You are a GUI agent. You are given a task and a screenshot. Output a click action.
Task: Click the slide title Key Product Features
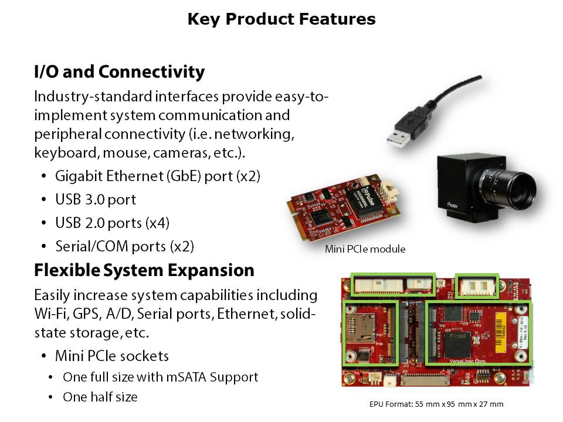coord(281,19)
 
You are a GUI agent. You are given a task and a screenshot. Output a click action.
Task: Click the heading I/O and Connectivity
coord(120,72)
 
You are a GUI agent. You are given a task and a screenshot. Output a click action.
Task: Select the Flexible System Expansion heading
coord(144,270)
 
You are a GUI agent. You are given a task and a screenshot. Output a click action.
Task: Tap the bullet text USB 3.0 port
coord(96,199)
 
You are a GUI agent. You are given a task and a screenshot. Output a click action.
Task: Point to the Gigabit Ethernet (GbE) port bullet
coord(157,176)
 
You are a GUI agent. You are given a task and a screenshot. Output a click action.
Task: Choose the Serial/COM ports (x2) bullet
coord(124,246)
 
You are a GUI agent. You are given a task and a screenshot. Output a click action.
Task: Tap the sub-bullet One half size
coord(100,397)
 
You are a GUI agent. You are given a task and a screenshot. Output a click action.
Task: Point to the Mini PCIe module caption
coord(365,249)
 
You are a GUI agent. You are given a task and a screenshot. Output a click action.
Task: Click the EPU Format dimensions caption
coord(436,404)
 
